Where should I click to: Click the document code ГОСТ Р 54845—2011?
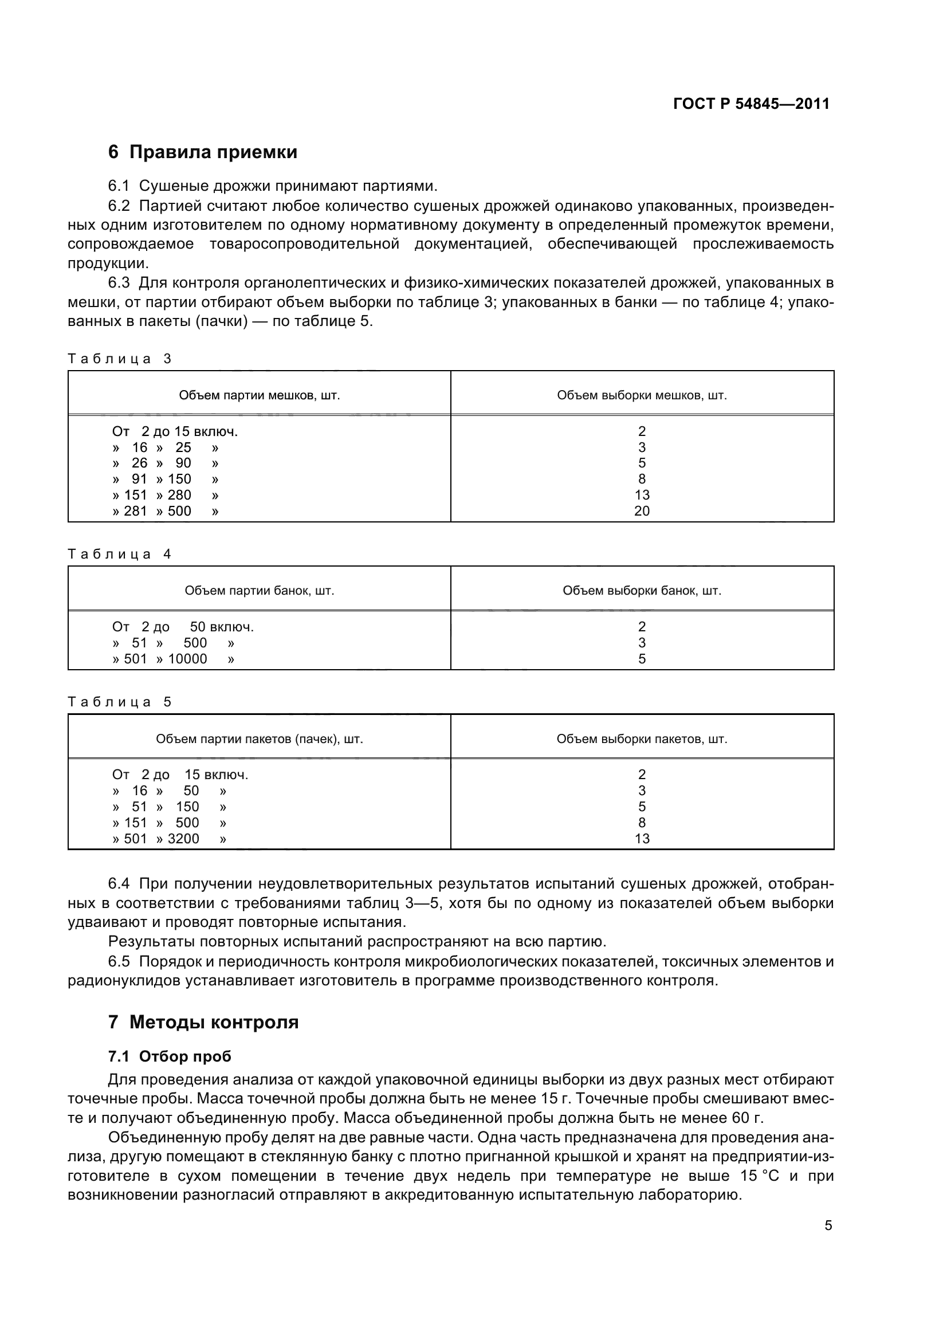(x=751, y=104)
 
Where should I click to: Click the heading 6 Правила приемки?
(x=202, y=152)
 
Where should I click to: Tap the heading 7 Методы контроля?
(x=203, y=1022)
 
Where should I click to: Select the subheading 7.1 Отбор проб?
(x=170, y=1056)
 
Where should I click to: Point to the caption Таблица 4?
(x=120, y=554)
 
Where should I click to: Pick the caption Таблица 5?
(x=120, y=702)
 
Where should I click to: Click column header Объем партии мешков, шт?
(x=259, y=395)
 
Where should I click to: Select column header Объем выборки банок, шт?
(x=642, y=590)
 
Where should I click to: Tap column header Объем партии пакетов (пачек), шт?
(x=259, y=739)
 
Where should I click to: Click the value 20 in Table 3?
(x=642, y=510)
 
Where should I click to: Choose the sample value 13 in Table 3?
(x=642, y=495)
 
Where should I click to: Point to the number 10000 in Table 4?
(x=187, y=659)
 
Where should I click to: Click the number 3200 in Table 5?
(x=183, y=839)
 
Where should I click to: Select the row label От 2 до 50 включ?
(x=183, y=627)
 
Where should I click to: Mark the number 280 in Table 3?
(x=179, y=495)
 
